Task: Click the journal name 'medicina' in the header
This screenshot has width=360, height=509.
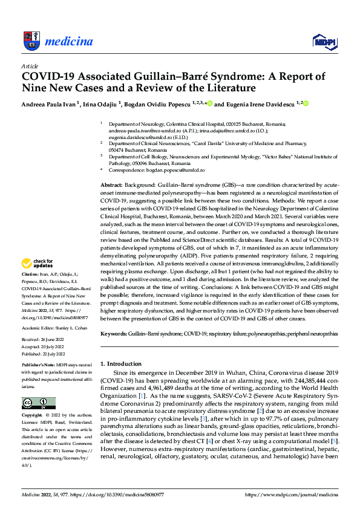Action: click(68, 41)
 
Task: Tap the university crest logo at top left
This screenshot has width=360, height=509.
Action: click(31, 40)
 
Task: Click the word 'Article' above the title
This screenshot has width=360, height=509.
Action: click(30, 66)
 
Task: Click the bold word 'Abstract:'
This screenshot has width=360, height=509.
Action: click(111, 184)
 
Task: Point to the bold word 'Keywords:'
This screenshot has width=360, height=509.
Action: click(114, 334)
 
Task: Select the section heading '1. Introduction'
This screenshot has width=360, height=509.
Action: click(120, 363)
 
